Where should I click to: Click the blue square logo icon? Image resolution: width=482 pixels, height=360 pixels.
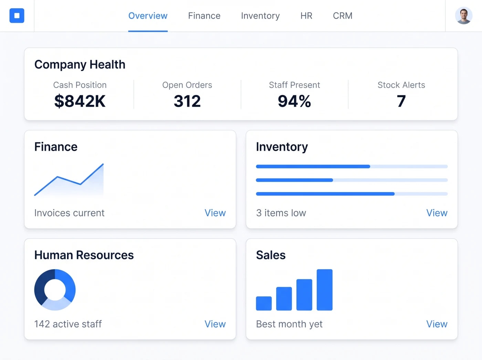click(17, 15)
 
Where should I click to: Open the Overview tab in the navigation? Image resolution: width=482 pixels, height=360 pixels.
click(148, 16)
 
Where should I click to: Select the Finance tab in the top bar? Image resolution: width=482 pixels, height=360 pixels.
click(204, 16)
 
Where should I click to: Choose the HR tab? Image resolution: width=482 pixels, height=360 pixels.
click(306, 16)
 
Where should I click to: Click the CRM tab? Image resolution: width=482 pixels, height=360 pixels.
click(343, 16)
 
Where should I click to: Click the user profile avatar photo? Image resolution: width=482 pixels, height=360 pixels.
click(463, 15)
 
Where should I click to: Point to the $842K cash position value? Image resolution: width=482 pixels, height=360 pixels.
click(80, 101)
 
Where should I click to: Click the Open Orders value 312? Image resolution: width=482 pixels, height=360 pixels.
click(187, 101)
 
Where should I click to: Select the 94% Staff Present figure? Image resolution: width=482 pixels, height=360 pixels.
click(294, 101)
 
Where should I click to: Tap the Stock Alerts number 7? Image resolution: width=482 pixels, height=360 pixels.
click(401, 101)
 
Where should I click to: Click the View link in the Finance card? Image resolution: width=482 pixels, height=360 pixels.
click(215, 213)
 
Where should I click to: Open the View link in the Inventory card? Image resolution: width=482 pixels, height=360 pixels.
click(437, 213)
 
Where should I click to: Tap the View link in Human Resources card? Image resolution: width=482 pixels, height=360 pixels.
click(215, 324)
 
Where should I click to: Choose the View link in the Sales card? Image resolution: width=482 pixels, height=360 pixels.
click(437, 324)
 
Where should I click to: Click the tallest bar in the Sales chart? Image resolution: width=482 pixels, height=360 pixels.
click(325, 290)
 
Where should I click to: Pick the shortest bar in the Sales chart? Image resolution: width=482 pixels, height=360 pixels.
click(264, 303)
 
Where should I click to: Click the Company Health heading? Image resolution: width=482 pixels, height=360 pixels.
click(80, 65)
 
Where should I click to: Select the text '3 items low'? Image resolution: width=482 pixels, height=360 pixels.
click(281, 213)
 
